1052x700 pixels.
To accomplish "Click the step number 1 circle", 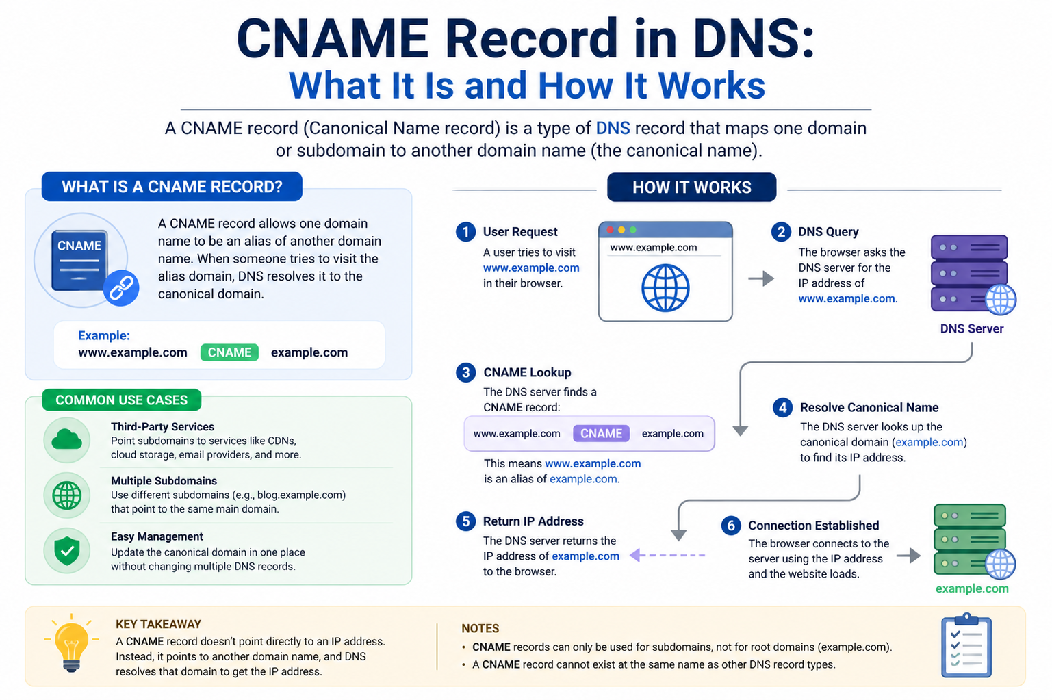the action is (465, 232).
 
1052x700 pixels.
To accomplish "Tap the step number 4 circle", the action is (782, 408).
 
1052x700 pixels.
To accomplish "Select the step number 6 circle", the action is (731, 526).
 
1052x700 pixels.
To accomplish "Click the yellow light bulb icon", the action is (71, 643).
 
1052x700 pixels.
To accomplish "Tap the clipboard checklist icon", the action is (966, 645).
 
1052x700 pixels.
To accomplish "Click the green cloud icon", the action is (66, 440).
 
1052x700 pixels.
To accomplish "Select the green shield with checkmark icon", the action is (66, 550).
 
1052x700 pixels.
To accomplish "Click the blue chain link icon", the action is (121, 288).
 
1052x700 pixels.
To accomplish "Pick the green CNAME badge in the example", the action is (229, 352).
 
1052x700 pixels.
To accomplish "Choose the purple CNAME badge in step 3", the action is (601, 433).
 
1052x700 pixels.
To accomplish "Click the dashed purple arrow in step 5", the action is (667, 556).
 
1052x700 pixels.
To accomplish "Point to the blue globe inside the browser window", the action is (665, 288).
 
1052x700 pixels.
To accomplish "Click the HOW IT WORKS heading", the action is (692, 187).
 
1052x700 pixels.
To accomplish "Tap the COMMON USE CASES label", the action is (122, 400).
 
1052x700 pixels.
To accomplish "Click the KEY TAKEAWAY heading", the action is (158, 624).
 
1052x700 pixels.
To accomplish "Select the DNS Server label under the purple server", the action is (972, 328).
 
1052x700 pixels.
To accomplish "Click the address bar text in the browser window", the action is (653, 248).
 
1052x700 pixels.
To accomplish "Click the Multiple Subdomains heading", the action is (164, 481).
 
